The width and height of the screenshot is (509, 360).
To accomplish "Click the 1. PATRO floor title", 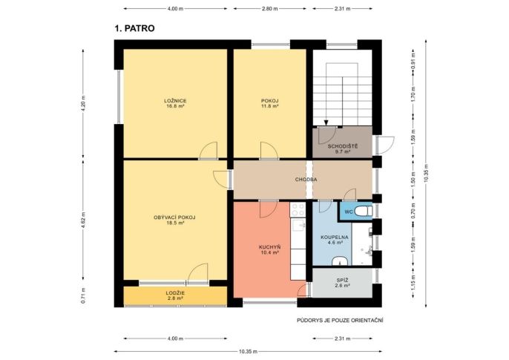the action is (x=134, y=28).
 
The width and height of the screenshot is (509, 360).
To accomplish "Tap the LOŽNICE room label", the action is (x=175, y=101).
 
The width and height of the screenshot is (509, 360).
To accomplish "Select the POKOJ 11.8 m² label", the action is (x=270, y=103).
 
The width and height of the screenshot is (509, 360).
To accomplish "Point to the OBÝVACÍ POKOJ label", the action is (x=174, y=217).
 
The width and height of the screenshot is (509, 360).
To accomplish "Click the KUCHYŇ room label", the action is (x=270, y=247).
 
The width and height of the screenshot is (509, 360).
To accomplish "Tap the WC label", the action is (x=349, y=212).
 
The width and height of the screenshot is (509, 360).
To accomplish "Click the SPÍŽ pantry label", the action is (x=343, y=280).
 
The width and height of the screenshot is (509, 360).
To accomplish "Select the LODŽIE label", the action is (x=175, y=293).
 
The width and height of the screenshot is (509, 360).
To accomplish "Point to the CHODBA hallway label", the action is (x=306, y=180).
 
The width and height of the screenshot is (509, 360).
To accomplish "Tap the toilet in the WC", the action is (x=363, y=212).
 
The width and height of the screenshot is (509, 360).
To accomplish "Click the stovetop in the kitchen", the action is (x=298, y=210).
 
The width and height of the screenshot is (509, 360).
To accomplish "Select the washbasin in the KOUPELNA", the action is (x=340, y=261).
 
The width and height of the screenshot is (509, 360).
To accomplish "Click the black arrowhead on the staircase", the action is (x=326, y=122).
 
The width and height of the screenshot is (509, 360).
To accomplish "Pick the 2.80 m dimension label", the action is (x=270, y=9).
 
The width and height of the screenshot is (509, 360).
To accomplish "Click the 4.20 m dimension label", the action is (x=83, y=104).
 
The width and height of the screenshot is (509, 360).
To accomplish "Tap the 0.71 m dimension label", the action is (x=83, y=295).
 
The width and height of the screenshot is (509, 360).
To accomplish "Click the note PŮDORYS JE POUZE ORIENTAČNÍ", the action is (x=340, y=321).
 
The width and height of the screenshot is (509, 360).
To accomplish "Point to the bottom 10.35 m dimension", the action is (x=248, y=351).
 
